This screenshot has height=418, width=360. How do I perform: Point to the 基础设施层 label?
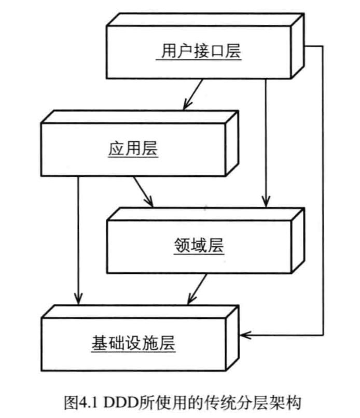133,343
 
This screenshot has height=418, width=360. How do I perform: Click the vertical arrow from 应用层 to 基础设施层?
78,239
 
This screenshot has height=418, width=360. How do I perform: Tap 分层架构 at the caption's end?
274,402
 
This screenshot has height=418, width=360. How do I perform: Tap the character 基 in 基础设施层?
100,343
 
